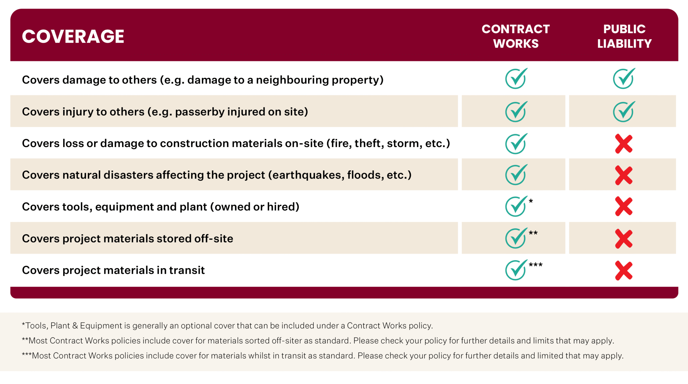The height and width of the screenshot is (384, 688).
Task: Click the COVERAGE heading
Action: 73,36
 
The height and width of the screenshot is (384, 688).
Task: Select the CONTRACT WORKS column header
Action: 515,36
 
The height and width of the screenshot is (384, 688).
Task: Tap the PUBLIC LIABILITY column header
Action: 624,36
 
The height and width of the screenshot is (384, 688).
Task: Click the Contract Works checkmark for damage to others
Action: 516,79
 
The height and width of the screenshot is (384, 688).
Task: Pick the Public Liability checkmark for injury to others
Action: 624,112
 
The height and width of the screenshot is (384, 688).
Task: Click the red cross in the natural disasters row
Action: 624,175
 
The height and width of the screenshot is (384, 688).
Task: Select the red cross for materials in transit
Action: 624,271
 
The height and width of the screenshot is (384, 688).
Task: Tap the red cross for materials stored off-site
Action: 624,239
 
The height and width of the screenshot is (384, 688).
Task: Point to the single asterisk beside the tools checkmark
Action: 531,201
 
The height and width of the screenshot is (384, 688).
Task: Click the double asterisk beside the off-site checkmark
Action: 533,233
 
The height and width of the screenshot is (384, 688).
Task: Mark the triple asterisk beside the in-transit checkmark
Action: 536,264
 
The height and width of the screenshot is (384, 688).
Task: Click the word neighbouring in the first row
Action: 292,80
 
